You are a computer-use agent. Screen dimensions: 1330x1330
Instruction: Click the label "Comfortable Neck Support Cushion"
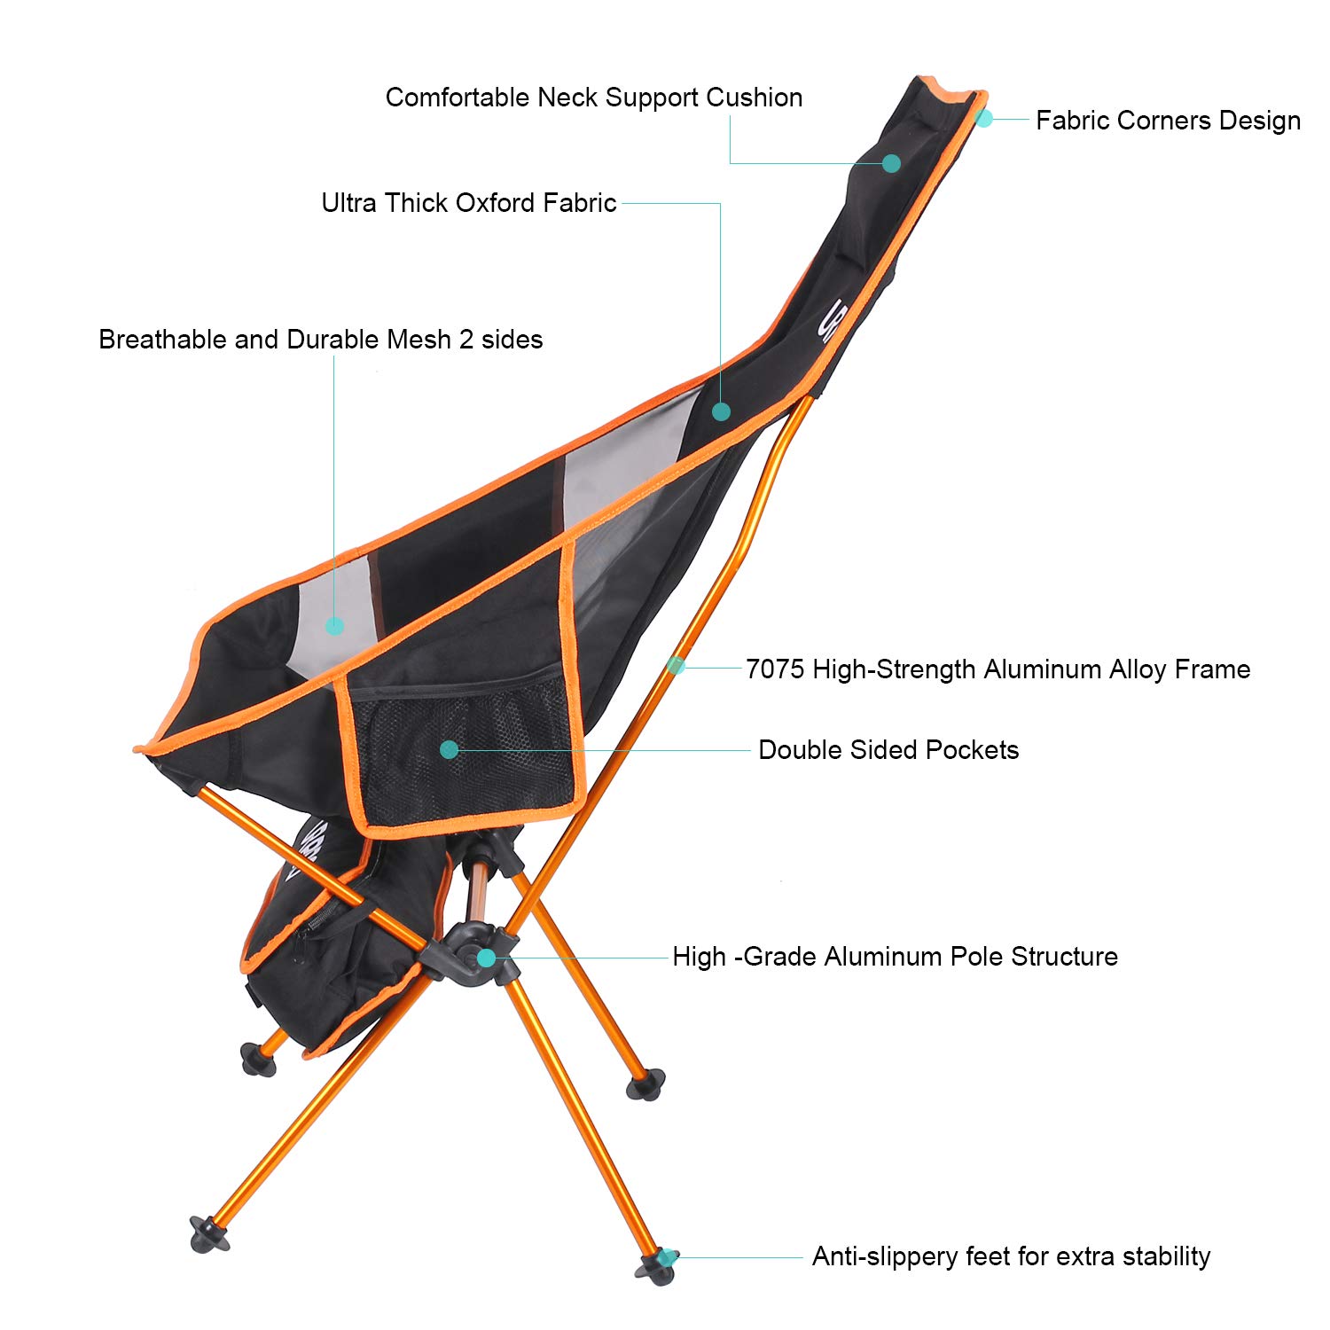594,98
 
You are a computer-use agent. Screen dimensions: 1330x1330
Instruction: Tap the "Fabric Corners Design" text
1168,121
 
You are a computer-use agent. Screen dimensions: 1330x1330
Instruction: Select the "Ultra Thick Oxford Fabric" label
468,203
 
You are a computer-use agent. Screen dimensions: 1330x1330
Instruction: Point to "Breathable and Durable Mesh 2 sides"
320,340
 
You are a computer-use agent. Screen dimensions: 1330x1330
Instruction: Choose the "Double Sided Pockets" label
888,750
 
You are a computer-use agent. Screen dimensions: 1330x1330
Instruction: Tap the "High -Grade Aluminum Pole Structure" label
895,957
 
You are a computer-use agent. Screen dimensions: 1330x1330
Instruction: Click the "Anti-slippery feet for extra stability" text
1011,1256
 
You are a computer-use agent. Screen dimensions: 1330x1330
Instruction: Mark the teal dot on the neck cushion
891,163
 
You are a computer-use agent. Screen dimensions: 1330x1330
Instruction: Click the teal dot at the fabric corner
983,117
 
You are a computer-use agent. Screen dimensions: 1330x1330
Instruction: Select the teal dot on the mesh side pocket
449,749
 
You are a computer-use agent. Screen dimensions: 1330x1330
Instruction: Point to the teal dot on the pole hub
486,958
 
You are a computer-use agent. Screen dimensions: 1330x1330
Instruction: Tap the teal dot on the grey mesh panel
334,626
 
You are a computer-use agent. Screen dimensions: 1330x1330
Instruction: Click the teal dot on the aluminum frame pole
677,664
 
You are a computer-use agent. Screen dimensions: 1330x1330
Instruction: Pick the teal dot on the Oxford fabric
721,411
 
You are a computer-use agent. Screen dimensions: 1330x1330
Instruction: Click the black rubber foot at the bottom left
209,1234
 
